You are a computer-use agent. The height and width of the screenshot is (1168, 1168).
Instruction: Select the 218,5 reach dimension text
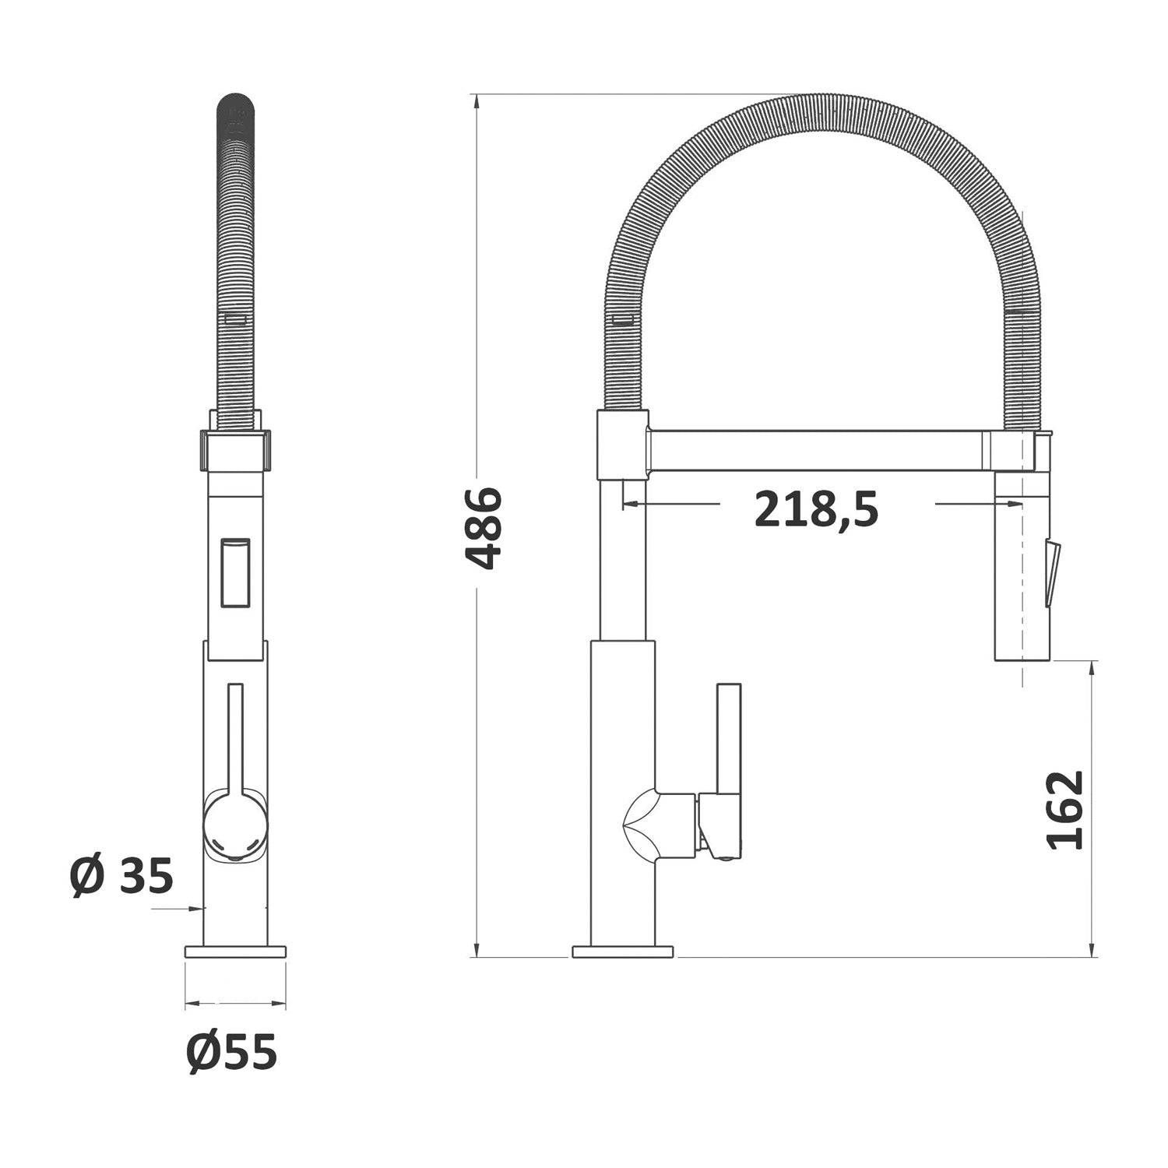(x=816, y=511)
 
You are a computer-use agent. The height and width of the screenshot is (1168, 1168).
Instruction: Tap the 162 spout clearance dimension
(x=1065, y=810)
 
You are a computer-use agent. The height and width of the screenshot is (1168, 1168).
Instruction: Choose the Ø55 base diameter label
(x=231, y=1054)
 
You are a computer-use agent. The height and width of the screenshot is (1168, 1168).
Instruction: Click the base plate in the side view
(x=622, y=952)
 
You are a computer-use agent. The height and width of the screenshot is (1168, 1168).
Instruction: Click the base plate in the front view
(x=235, y=951)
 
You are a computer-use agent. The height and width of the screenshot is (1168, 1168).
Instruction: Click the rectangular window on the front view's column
(x=236, y=572)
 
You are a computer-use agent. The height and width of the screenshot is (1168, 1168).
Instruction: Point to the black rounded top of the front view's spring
(x=236, y=109)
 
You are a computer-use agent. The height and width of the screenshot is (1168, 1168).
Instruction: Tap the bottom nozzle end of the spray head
(x=1022, y=654)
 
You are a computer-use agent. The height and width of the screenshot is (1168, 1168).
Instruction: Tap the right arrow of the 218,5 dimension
(x=1016, y=505)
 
